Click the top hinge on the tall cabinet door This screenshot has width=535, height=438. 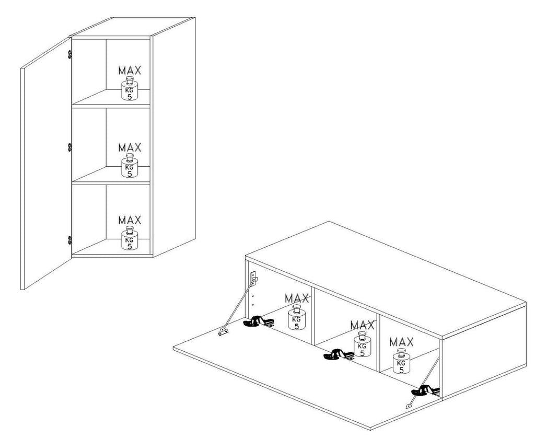click(x=69, y=54)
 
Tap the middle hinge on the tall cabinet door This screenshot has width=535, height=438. click(x=69, y=147)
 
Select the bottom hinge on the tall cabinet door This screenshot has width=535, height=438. click(x=69, y=240)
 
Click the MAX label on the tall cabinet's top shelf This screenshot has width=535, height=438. click(x=130, y=71)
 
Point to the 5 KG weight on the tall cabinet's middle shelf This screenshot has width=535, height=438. click(x=130, y=166)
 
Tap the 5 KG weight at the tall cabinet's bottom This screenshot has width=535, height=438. click(x=130, y=238)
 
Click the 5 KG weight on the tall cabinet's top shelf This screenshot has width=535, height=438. click(x=130, y=88)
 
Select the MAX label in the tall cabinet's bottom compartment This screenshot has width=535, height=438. click(x=130, y=220)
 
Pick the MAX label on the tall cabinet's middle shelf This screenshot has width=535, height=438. click(x=130, y=147)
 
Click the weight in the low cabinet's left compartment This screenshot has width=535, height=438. click(x=297, y=317)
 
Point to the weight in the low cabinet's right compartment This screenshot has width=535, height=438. click(x=401, y=361)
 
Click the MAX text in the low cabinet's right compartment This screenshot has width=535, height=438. click(x=401, y=342)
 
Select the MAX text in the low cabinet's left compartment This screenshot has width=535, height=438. click(x=297, y=298)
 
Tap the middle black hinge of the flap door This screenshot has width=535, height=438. click(x=339, y=355)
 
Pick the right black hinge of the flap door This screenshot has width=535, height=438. click(x=424, y=390)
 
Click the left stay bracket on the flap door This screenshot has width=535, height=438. click(x=224, y=331)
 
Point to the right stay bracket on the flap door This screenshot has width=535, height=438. click(x=409, y=406)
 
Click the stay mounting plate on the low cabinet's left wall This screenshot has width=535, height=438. click(x=253, y=279)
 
